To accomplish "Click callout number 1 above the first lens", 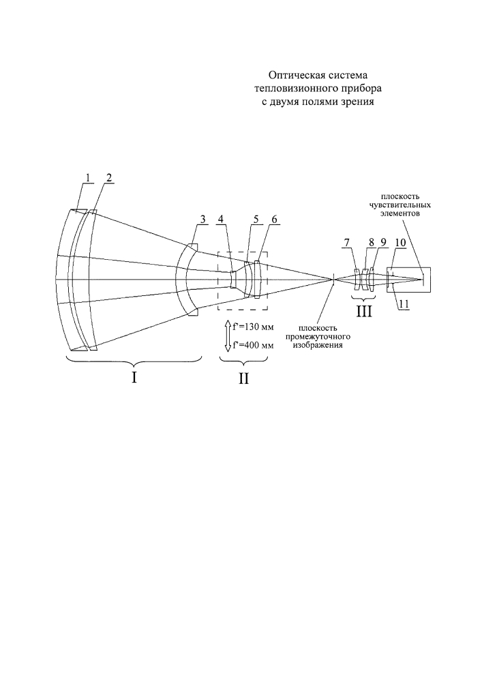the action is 87,177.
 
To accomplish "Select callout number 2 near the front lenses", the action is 108,177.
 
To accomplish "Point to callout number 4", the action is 221,219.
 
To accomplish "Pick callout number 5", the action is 256,219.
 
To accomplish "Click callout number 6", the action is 273,219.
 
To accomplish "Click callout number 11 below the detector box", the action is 404,305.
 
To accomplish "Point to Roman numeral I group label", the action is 134,378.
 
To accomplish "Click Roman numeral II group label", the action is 243,379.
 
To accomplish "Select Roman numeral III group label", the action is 364,312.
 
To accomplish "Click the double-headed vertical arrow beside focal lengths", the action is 227,336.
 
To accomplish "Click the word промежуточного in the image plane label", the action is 318,337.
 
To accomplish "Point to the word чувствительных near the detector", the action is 400,205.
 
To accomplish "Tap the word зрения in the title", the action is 359,103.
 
